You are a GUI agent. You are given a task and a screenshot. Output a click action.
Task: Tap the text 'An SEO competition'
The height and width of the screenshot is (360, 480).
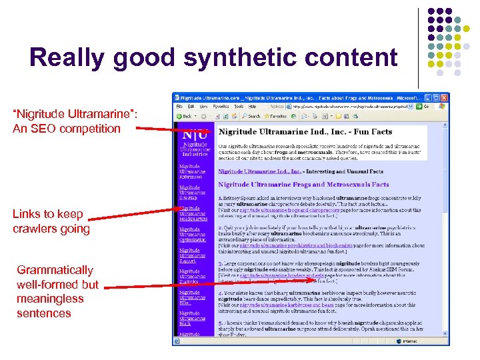coord(66,128)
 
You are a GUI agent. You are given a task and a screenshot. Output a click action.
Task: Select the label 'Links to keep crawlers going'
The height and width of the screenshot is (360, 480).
coord(51,221)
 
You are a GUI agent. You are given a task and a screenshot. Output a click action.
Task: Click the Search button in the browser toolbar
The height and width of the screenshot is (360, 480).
coord(251,116)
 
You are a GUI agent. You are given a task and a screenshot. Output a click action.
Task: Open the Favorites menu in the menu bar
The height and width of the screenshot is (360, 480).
coord(221,107)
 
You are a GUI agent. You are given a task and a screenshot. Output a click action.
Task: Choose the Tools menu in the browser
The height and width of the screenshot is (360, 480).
coord(239,107)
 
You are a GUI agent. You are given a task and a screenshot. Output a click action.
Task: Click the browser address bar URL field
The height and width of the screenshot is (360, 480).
coord(354,107)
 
